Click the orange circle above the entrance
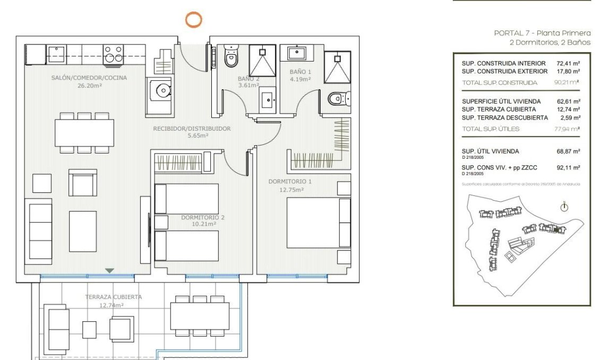pos(193,20)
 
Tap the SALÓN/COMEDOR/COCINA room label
pos(89,78)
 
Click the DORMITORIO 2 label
pos(202,217)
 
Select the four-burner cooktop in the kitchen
pos(113,54)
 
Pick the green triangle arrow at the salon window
pos(109,271)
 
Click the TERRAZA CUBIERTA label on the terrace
pos(114,297)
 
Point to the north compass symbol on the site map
pos(564,207)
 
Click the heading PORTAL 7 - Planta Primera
pos(542,33)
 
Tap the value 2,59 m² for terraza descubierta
pos(569,117)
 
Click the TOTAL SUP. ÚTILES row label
pos(491,129)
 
